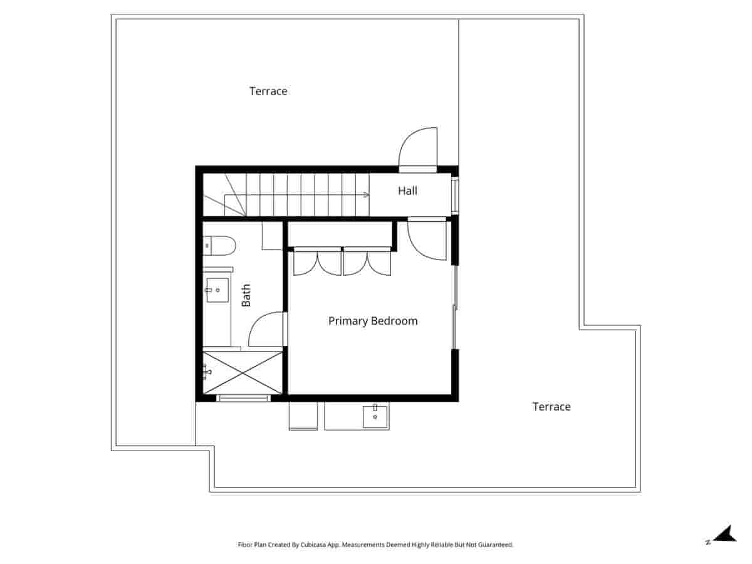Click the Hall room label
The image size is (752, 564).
(x=407, y=191)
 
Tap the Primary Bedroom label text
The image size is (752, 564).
(x=373, y=321)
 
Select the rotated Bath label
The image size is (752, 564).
(x=246, y=295)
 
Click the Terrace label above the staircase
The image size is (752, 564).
(x=268, y=91)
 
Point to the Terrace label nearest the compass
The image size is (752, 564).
(x=551, y=407)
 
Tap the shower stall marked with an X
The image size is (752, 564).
(x=243, y=372)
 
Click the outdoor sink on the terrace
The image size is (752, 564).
(x=375, y=416)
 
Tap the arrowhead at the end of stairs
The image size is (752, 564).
(x=365, y=195)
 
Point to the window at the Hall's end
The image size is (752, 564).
(x=455, y=196)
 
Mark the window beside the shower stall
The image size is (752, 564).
(x=243, y=398)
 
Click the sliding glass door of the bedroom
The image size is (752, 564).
(x=454, y=307)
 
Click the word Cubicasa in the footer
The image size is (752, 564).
(x=311, y=545)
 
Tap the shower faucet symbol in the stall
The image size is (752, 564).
(x=206, y=372)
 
